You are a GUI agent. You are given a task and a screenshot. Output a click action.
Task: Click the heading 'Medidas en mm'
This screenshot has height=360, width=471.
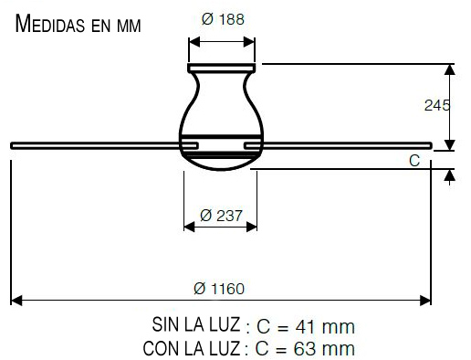[x=78, y=24]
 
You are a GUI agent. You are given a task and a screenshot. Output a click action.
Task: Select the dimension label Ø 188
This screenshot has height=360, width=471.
[x=223, y=18]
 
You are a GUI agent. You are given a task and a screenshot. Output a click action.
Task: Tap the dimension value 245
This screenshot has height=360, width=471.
[x=437, y=106]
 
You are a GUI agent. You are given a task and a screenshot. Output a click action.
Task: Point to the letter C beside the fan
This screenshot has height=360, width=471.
[x=413, y=161]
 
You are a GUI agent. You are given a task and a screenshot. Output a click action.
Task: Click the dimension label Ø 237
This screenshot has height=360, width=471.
[x=220, y=216]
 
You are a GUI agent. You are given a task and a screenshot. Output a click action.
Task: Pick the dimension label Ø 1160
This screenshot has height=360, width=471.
[x=219, y=289]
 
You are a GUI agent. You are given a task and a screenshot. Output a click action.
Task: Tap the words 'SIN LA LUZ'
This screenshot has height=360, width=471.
[x=195, y=325]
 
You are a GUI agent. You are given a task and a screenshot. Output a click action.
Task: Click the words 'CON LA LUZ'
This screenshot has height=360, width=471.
[x=191, y=348]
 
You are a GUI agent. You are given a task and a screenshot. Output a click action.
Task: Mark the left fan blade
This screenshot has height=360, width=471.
[x=96, y=143]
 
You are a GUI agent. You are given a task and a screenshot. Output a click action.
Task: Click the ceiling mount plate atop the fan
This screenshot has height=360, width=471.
[x=223, y=66]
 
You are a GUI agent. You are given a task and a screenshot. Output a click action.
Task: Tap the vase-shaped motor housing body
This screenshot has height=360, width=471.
[x=222, y=105]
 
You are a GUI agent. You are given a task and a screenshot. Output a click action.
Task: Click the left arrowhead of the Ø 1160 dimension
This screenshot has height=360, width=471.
[x=16, y=300]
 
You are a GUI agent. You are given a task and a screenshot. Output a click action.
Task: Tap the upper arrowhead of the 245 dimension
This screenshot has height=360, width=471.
[x=450, y=69]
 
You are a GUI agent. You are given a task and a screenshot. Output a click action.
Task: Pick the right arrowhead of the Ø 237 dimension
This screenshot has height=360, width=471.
[x=253, y=227]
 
